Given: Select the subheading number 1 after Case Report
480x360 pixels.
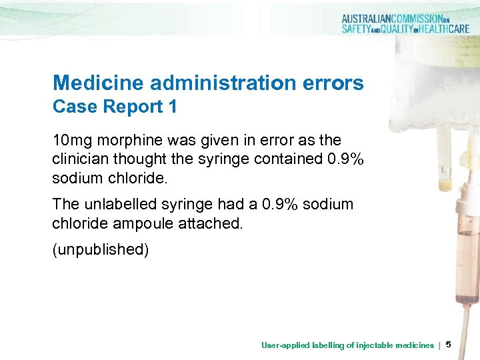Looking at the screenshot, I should (171, 107).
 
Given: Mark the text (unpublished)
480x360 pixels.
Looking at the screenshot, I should (101, 251).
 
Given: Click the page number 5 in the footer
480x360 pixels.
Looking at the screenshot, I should (448, 345).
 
